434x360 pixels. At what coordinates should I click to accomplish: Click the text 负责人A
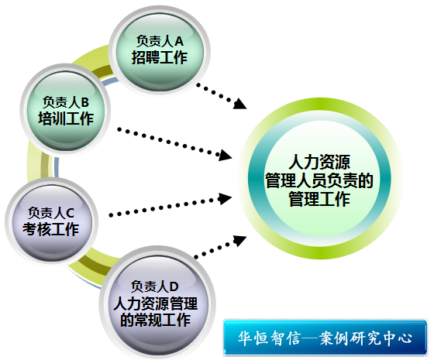click(x=160, y=41)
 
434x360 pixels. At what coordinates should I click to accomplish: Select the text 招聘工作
click(x=160, y=57)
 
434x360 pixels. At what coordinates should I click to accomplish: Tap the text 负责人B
click(x=66, y=102)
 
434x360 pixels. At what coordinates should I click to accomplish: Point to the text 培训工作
click(x=66, y=118)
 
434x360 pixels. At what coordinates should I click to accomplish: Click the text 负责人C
click(x=51, y=213)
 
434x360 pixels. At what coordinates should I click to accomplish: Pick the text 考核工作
click(x=51, y=229)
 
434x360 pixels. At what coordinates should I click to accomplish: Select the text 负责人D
click(x=155, y=286)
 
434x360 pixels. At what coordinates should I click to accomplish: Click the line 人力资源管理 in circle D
click(x=155, y=303)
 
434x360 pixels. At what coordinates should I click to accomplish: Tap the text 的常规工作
click(x=155, y=320)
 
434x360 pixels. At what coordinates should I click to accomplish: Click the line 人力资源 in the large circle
click(x=319, y=162)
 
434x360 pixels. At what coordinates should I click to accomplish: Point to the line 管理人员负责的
click(x=319, y=180)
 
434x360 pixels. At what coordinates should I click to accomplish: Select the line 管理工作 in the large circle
click(x=319, y=199)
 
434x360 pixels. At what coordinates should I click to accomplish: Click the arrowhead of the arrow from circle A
click(x=239, y=104)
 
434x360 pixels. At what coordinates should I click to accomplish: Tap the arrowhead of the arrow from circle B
click(x=226, y=156)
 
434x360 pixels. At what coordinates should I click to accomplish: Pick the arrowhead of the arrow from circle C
click(x=225, y=198)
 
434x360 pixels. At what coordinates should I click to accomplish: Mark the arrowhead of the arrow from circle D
click(x=239, y=240)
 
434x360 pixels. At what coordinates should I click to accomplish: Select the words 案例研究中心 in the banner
click(x=366, y=338)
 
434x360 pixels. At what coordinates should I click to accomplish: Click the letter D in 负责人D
click(x=174, y=286)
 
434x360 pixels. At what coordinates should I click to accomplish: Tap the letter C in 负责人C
click(x=70, y=213)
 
